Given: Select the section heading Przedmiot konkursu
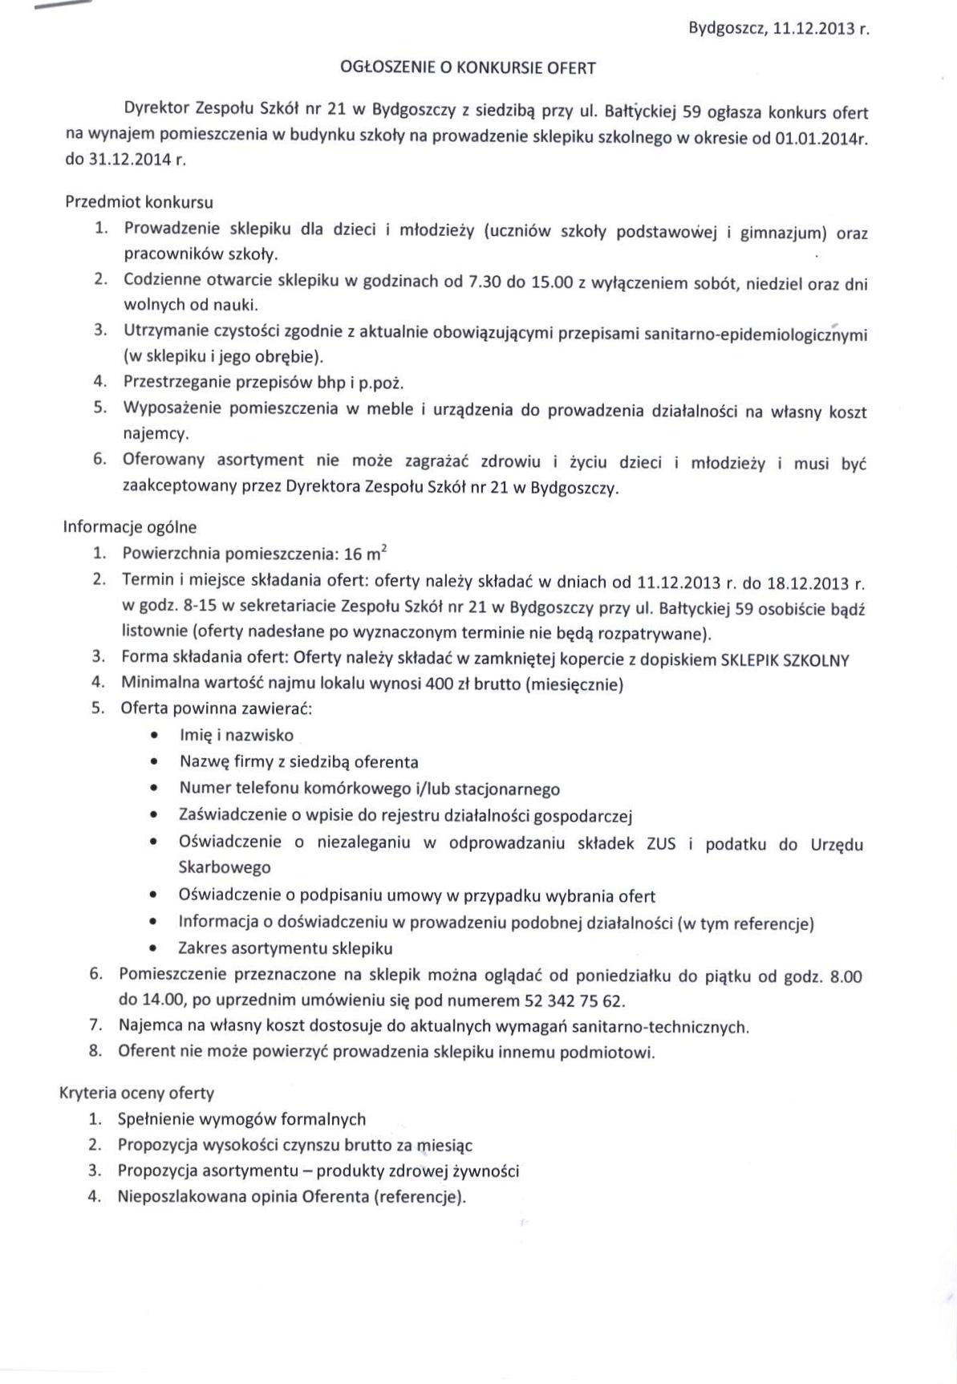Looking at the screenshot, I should (x=139, y=201).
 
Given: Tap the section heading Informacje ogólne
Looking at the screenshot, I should (x=129, y=527).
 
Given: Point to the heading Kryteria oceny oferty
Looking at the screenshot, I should (x=136, y=1093).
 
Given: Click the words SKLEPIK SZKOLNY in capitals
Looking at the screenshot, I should (x=785, y=660).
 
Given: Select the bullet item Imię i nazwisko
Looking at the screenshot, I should (x=237, y=735).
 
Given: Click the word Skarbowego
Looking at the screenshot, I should (x=224, y=867).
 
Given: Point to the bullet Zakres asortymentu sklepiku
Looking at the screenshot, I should (x=286, y=948).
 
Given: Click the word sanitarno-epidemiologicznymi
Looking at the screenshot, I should (x=755, y=333).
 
